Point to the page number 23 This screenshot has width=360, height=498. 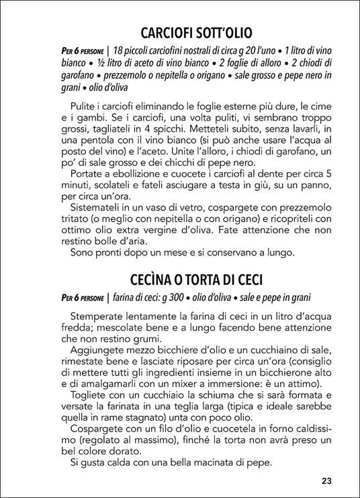[327, 481]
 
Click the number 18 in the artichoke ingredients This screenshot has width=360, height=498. [121, 50]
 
